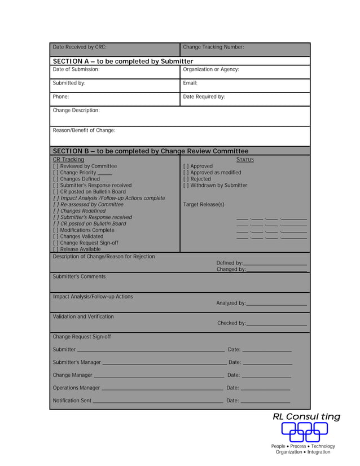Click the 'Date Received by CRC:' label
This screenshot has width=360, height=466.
[79, 47]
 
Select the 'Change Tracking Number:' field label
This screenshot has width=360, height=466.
[213, 47]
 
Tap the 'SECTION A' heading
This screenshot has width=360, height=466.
[122, 61]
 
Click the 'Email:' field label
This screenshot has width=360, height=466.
[190, 83]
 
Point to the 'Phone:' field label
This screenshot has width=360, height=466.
[61, 96]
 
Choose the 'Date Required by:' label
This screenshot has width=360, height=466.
[204, 96]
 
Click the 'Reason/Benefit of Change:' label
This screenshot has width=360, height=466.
[84, 130]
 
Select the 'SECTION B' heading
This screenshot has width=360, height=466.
[150, 151]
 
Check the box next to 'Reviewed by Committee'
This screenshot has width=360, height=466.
[55, 166]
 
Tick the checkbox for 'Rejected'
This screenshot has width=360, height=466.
[186, 179]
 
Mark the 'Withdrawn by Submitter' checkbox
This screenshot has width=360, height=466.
[186, 186]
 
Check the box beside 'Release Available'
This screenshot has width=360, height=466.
[55, 249]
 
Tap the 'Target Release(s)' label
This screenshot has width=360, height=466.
[204, 204]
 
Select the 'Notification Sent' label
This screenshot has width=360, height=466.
[72, 401]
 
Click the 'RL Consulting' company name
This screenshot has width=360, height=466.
[306, 417]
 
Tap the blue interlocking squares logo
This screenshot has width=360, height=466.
[305, 432]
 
